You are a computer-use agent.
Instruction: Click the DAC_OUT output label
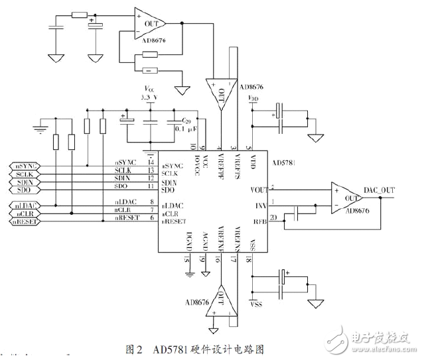pos(379,190)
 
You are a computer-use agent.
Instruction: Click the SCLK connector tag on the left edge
pos(24,174)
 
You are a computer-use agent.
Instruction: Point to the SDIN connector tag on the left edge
pos(24,182)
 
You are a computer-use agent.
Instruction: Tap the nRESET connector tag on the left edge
pos(24,221)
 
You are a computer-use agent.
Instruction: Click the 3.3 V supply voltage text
pos(151,97)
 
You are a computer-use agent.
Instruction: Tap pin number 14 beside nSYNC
pos(151,162)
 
